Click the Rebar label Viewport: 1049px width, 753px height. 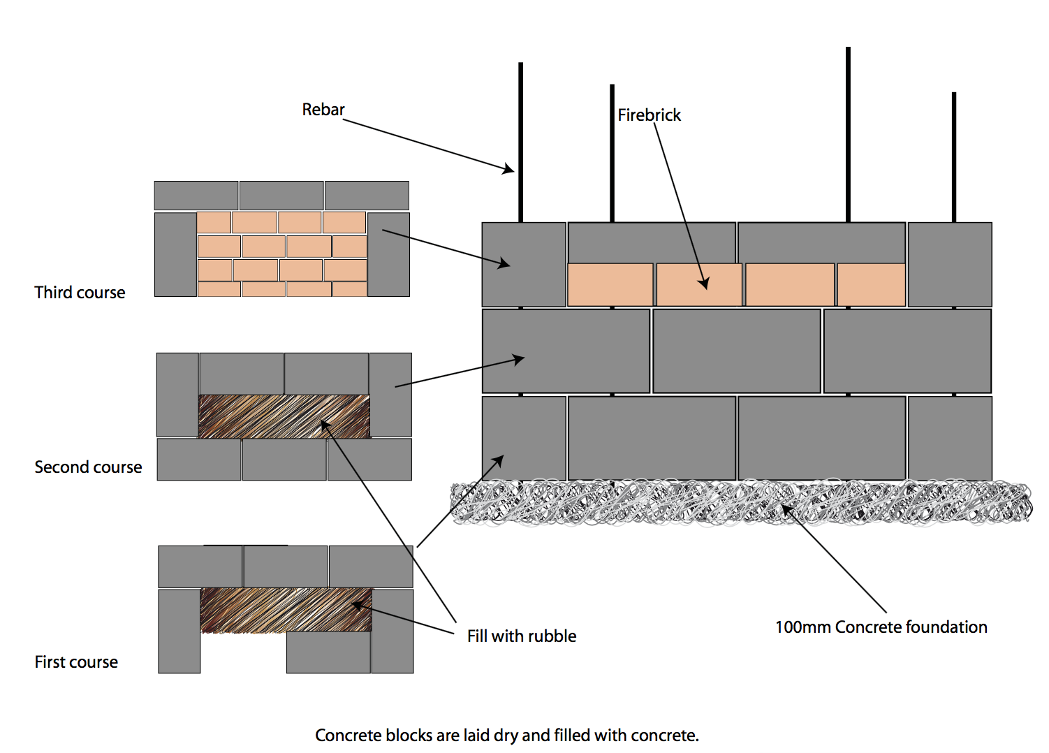pos(323,110)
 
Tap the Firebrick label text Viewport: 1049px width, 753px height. pos(649,115)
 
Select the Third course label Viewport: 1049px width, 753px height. pos(80,293)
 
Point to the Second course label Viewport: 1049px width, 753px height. pos(88,467)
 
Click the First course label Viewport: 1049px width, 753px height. pos(76,662)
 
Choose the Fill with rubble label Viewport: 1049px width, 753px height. pos(522,636)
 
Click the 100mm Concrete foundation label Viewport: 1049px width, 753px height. pos(881,627)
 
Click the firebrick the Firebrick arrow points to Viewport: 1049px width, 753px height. pos(699,284)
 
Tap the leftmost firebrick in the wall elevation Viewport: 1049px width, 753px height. pos(610,284)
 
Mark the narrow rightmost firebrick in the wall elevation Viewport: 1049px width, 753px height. pos(871,284)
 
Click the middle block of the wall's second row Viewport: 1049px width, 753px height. pos(736,351)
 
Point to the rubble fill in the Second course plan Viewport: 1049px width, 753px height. pos(284,416)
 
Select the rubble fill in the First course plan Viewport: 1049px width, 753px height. pos(285,609)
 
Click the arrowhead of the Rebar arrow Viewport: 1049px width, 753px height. pos(509,168)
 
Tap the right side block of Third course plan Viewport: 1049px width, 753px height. pos(388,254)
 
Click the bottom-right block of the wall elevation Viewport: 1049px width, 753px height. pos(950,438)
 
